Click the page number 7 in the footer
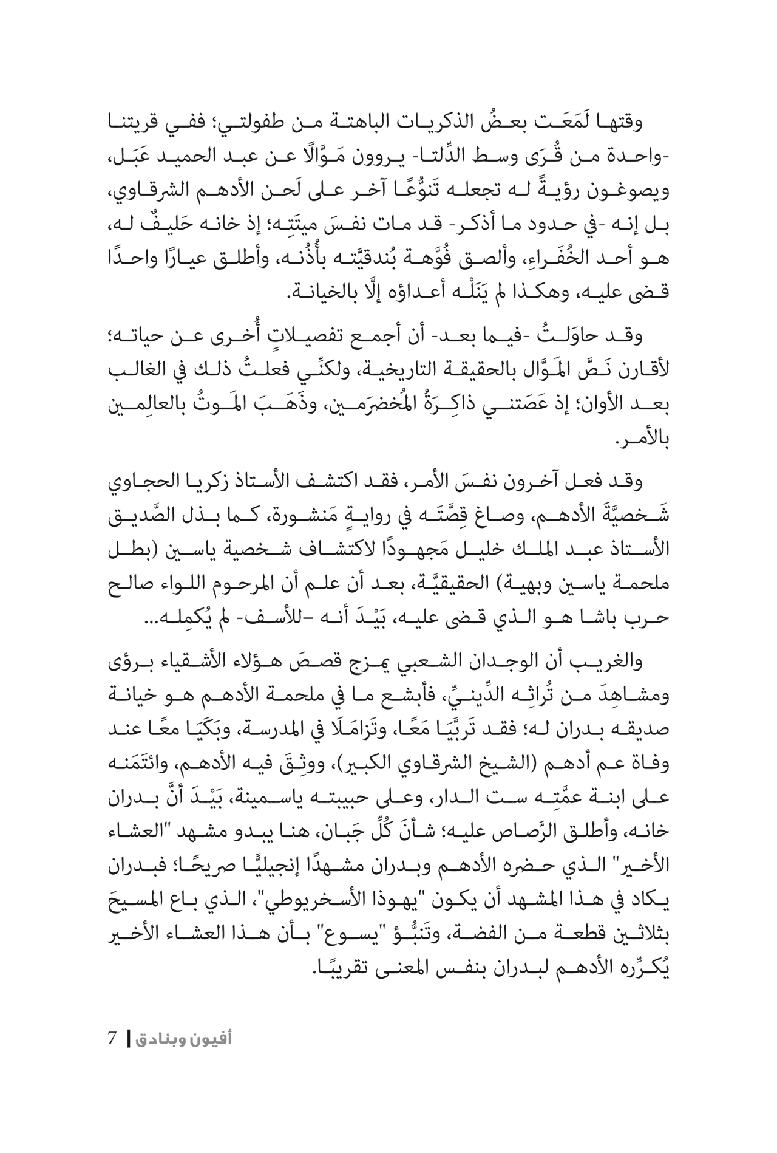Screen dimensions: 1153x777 [112, 1038]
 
